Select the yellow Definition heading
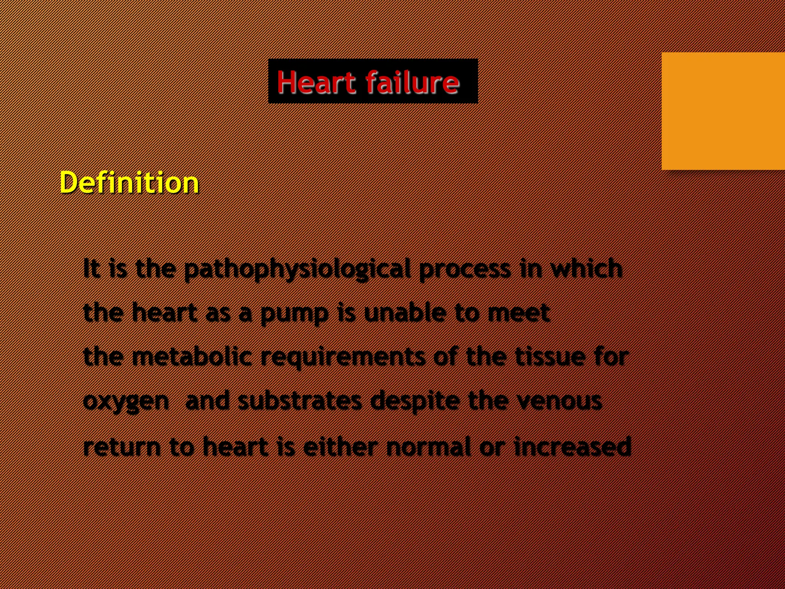[x=129, y=183]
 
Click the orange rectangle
[x=723, y=111]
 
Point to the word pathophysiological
[x=297, y=270]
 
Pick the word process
[x=465, y=270]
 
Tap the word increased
[x=572, y=446]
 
